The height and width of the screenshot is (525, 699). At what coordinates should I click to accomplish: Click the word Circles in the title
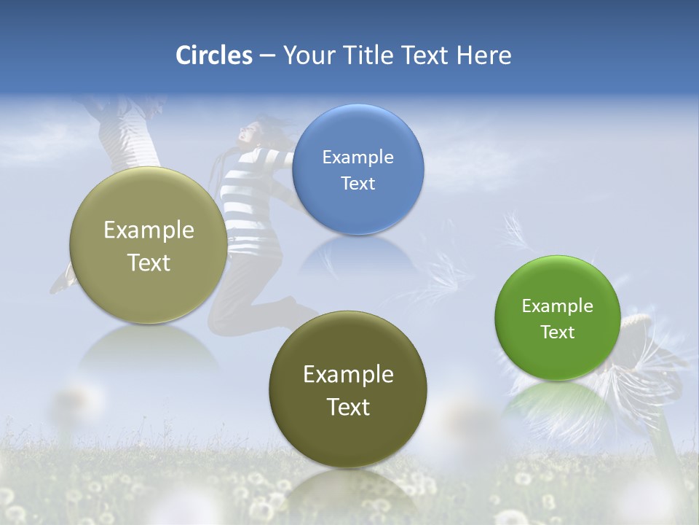click(213, 55)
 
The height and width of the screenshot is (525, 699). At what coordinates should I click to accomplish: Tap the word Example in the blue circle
click(358, 157)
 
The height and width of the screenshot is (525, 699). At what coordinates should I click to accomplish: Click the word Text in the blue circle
click(358, 183)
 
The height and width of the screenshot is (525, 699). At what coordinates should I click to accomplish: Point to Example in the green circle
click(557, 306)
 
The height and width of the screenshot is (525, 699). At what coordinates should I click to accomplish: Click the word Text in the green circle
click(557, 332)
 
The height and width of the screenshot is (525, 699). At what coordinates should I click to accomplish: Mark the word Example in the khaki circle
click(149, 230)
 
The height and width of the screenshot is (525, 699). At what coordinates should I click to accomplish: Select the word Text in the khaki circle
click(149, 262)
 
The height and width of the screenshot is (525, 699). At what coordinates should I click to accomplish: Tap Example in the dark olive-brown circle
click(348, 374)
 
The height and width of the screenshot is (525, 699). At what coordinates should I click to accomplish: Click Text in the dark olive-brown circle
click(348, 407)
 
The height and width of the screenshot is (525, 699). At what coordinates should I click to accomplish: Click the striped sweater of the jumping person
click(251, 193)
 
